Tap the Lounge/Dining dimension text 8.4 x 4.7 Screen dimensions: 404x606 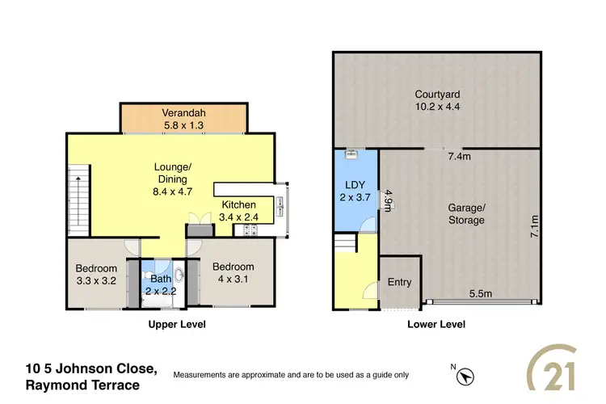point(171,191)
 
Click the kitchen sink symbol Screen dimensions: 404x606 point(280,202)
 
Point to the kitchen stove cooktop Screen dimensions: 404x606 point(249,229)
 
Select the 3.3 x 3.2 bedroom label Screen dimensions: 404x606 point(96,275)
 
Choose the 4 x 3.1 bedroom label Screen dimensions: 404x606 point(233,273)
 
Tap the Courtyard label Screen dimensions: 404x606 point(436,100)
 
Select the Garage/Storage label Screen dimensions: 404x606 point(466,213)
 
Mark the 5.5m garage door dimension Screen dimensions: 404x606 point(481,293)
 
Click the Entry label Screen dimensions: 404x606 point(399,282)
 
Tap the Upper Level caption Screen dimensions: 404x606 point(176,325)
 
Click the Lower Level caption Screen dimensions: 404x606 point(436,325)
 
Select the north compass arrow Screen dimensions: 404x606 point(465,375)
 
